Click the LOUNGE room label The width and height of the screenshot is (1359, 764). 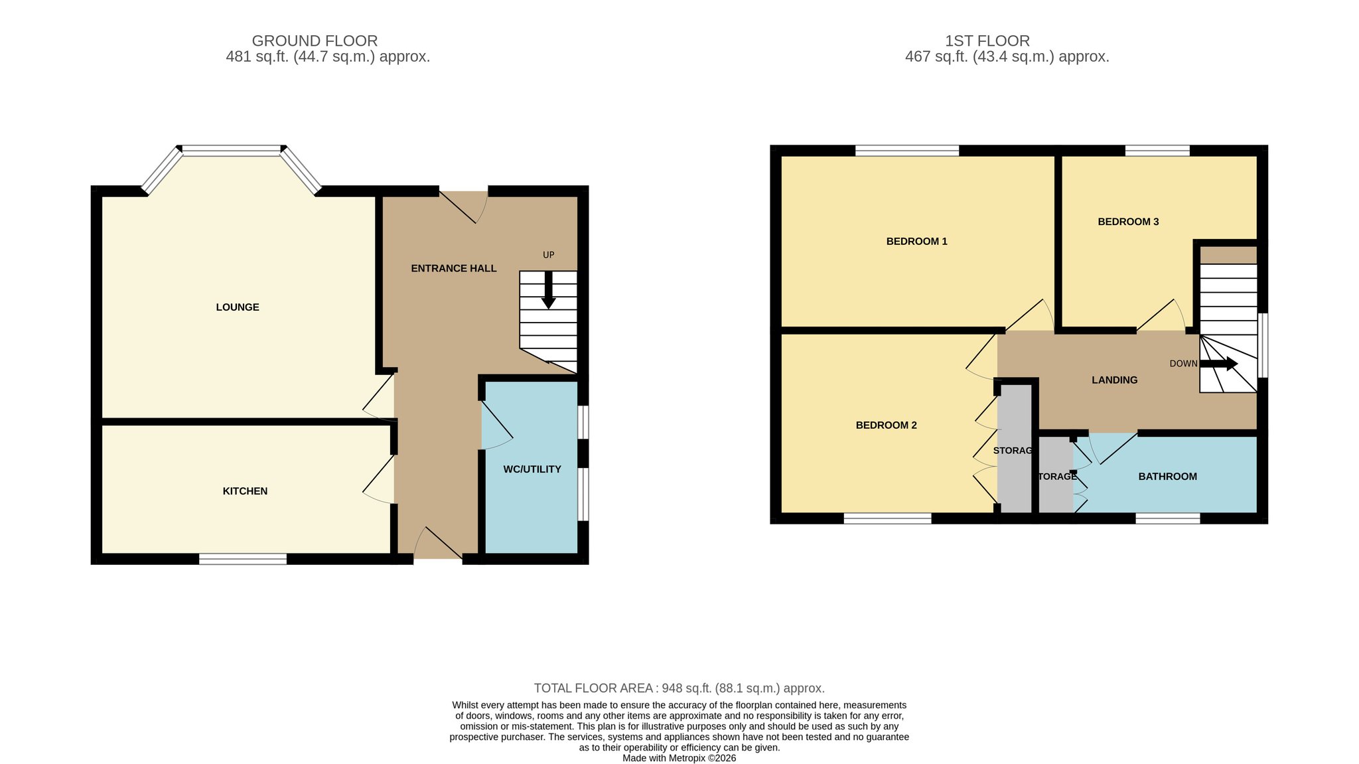pyautogui.click(x=238, y=307)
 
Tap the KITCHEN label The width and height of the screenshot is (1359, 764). pyautogui.click(x=245, y=491)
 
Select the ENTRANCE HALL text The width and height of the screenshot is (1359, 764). pyautogui.click(x=454, y=268)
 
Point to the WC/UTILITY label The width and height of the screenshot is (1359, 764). pyautogui.click(x=532, y=469)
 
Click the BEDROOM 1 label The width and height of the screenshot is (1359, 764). pyautogui.click(x=917, y=242)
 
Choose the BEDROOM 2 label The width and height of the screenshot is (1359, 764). pyautogui.click(x=887, y=425)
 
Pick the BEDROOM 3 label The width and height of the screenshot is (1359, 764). pyautogui.click(x=1128, y=222)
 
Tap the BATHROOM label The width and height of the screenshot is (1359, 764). pyautogui.click(x=1168, y=477)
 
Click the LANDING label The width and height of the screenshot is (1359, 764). pyautogui.click(x=1115, y=380)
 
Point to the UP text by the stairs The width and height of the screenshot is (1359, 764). pyautogui.click(x=549, y=255)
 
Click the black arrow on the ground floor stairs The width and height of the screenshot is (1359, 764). pyautogui.click(x=548, y=290)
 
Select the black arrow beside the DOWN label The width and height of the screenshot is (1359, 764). pyautogui.click(x=1219, y=364)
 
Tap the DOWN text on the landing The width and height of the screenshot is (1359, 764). pyautogui.click(x=1184, y=364)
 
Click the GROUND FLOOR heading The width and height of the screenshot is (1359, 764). pyautogui.click(x=315, y=41)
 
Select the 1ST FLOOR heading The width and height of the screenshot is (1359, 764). pyautogui.click(x=987, y=41)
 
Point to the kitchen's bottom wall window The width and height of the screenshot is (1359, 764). pyautogui.click(x=243, y=559)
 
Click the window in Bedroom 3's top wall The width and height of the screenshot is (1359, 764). pyautogui.click(x=1157, y=151)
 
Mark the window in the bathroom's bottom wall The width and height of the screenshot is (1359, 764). pyautogui.click(x=1168, y=518)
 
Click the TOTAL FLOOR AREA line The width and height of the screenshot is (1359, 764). pyautogui.click(x=679, y=688)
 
